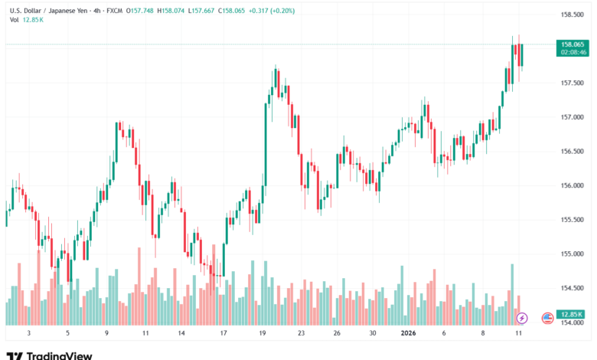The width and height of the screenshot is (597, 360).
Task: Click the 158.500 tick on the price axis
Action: pyautogui.click(x=573, y=15)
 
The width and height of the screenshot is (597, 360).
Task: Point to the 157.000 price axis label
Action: pyautogui.click(x=573, y=117)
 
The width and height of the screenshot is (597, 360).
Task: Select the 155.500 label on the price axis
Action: pyautogui.click(x=573, y=220)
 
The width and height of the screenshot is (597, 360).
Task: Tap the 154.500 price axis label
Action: pyautogui.click(x=573, y=288)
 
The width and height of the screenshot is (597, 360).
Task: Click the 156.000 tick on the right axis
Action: pyautogui.click(x=573, y=185)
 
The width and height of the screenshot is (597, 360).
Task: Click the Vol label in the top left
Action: pyautogui.click(x=14, y=21)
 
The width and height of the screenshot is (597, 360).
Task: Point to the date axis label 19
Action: pyautogui.click(x=263, y=334)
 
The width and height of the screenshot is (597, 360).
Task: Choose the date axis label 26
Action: pyautogui.click(x=337, y=334)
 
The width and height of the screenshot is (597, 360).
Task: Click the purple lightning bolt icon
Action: pyautogui.click(x=522, y=317)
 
